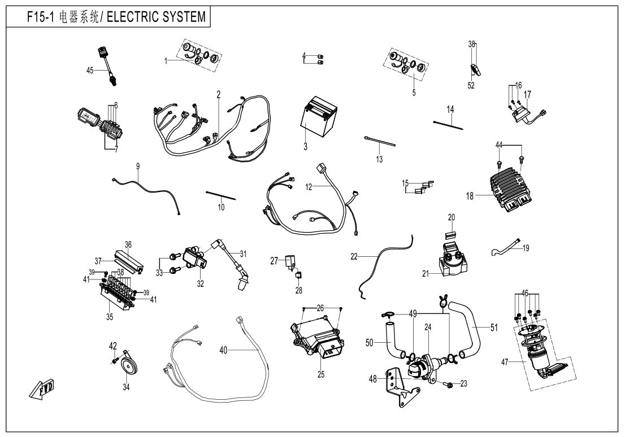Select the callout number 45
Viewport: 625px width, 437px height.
90,70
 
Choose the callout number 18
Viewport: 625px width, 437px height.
470,196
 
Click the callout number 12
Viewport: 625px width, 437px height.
309,186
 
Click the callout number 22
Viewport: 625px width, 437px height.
354,256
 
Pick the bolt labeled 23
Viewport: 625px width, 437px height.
449,384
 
